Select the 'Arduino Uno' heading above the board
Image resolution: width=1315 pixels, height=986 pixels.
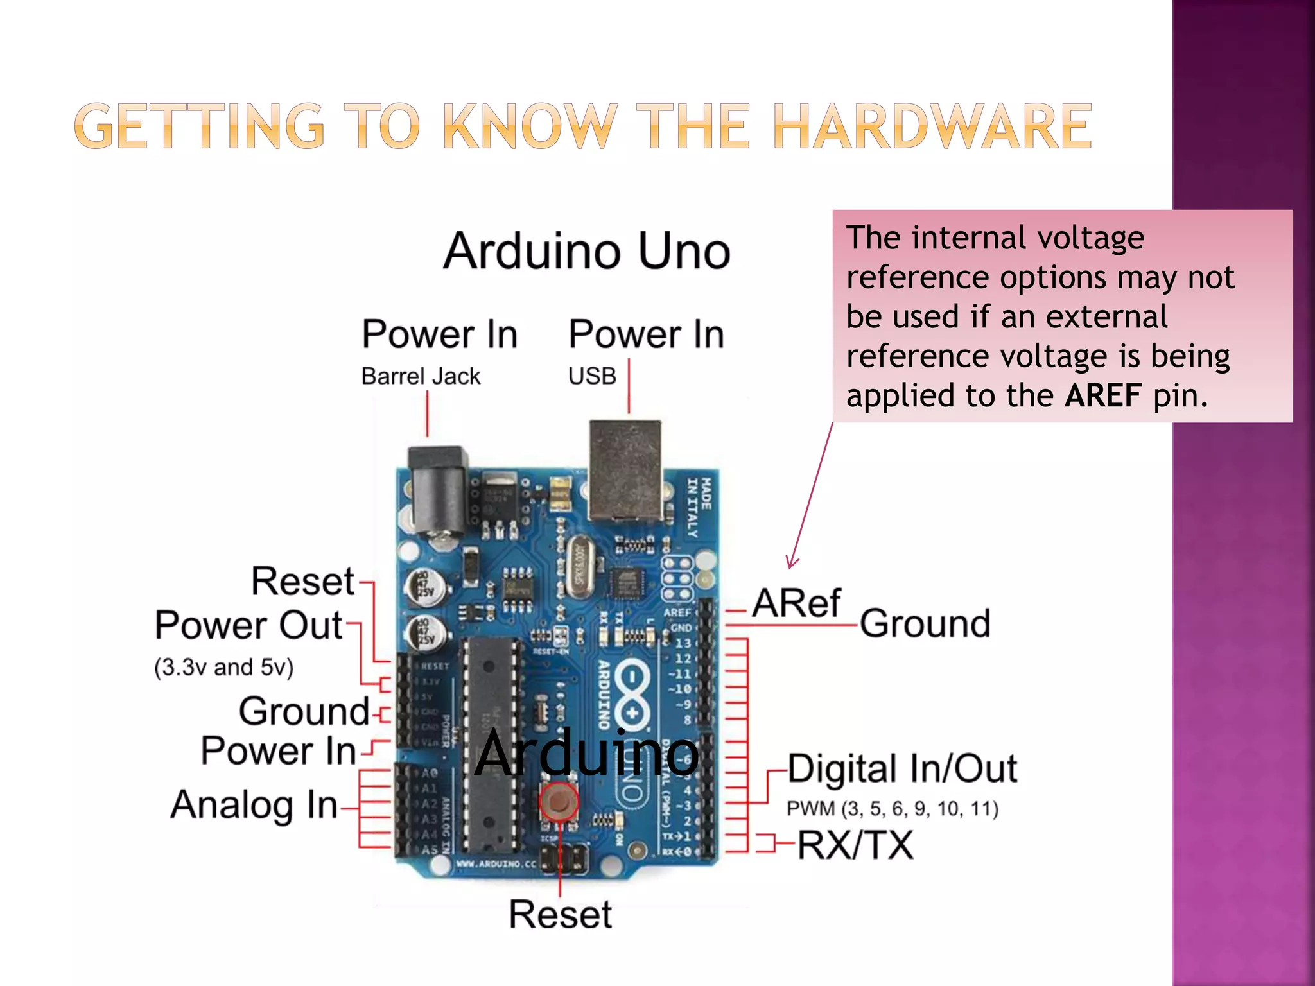click(x=587, y=251)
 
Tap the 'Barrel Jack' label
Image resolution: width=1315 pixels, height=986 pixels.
click(x=421, y=376)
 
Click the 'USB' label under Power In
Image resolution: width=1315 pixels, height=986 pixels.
click(x=592, y=376)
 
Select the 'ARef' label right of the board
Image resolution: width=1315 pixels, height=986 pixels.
click(x=796, y=603)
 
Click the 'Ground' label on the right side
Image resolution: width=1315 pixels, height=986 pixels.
click(x=925, y=623)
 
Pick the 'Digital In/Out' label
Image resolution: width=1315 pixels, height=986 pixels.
click(x=902, y=768)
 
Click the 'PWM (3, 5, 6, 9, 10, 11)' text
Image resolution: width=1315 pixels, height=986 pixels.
click(x=893, y=809)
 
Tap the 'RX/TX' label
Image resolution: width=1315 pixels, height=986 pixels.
click(x=855, y=845)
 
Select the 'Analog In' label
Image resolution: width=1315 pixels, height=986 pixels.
click(x=254, y=805)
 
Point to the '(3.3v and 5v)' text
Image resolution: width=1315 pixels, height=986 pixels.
click(x=223, y=668)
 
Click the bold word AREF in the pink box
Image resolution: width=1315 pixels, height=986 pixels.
click(x=1103, y=395)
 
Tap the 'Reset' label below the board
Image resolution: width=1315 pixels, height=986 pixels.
click(x=560, y=915)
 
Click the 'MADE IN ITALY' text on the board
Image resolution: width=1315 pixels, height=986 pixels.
click(x=699, y=507)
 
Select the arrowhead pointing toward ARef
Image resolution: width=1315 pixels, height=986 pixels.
click(x=792, y=563)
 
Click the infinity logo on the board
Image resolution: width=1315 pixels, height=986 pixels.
click(x=632, y=696)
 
